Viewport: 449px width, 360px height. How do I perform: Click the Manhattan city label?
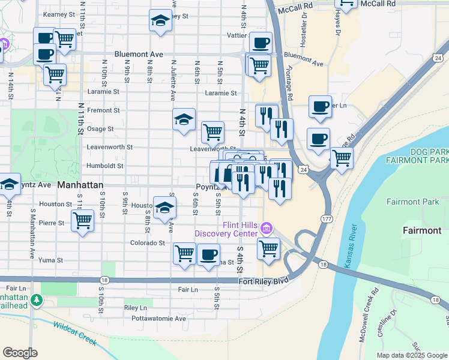[x=80, y=185]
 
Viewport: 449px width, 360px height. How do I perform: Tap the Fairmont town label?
[x=421, y=230]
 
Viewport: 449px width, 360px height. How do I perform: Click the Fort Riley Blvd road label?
[x=264, y=281]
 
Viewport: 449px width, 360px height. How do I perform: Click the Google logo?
[x=20, y=353]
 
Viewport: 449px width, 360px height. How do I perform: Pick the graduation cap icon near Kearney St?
[x=160, y=22]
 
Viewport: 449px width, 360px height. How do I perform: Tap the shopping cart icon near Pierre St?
[x=82, y=220]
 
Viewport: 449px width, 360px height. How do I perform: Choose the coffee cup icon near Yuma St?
[x=208, y=254]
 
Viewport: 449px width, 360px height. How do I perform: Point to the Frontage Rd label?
[x=290, y=84]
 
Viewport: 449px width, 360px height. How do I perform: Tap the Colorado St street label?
[x=148, y=243]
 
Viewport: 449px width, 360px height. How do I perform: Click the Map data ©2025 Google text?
[x=411, y=355]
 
